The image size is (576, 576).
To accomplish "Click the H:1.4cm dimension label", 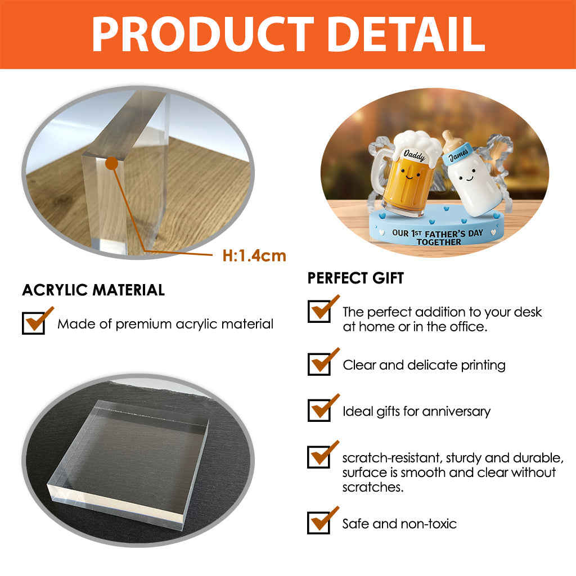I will tap(254, 256).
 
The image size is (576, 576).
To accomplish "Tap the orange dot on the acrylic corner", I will tap(112, 164).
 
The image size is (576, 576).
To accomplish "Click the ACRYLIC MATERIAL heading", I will tap(93, 290).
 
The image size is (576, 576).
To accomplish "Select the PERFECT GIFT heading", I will tap(355, 278).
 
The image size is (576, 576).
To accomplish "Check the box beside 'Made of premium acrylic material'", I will tap(33, 323).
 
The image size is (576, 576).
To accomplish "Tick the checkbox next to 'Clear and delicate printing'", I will tap(319, 364).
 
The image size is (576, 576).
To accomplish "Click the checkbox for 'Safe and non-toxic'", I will tap(319, 523).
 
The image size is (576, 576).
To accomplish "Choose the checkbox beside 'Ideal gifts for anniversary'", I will tap(319, 410).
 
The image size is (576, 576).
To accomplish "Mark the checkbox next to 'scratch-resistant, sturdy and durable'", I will tap(319, 457).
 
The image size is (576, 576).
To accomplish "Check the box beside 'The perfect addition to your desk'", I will tap(319, 311).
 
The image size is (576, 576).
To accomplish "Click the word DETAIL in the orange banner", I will tap(403, 35).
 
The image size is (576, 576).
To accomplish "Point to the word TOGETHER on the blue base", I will tap(439, 242).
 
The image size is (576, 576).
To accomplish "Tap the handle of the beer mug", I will tap(381, 172).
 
